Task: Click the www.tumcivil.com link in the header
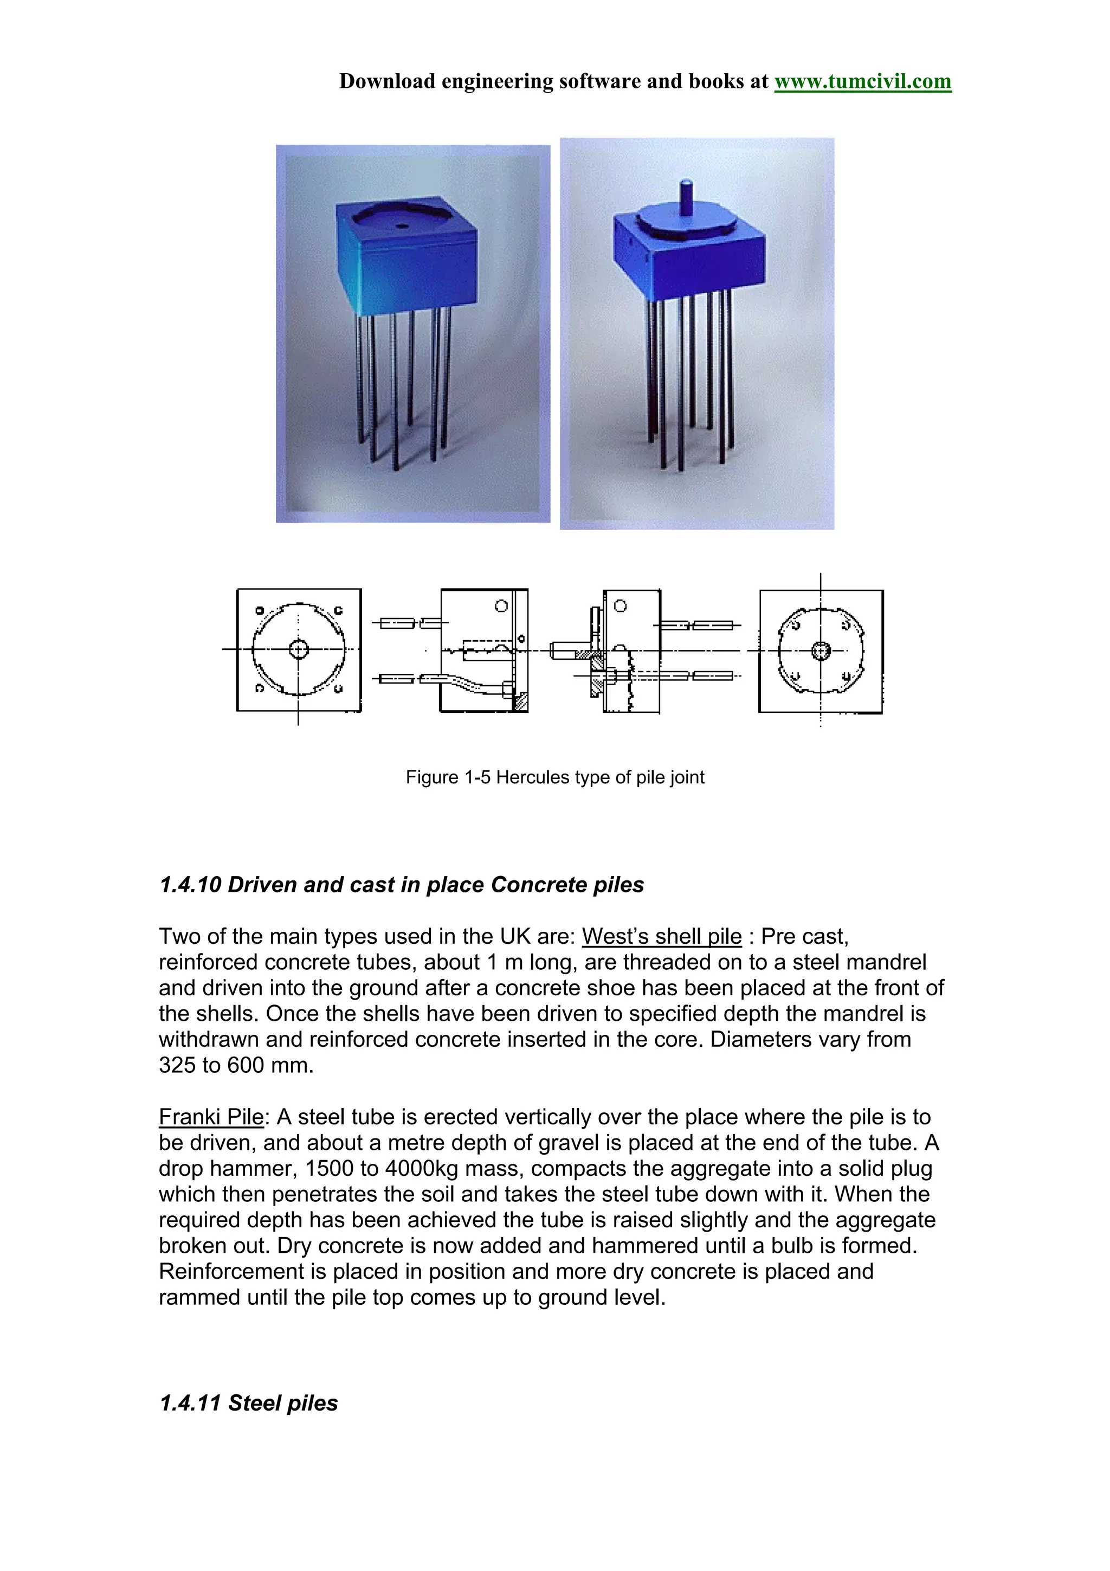pos(862,81)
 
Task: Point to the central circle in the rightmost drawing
pos(820,650)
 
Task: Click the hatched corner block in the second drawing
pos(520,702)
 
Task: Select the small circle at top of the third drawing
pos(619,606)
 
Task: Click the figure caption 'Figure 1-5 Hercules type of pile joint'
pos(554,777)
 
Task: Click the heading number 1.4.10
pos(190,885)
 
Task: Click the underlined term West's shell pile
pos(661,936)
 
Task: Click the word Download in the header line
pos(387,81)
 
